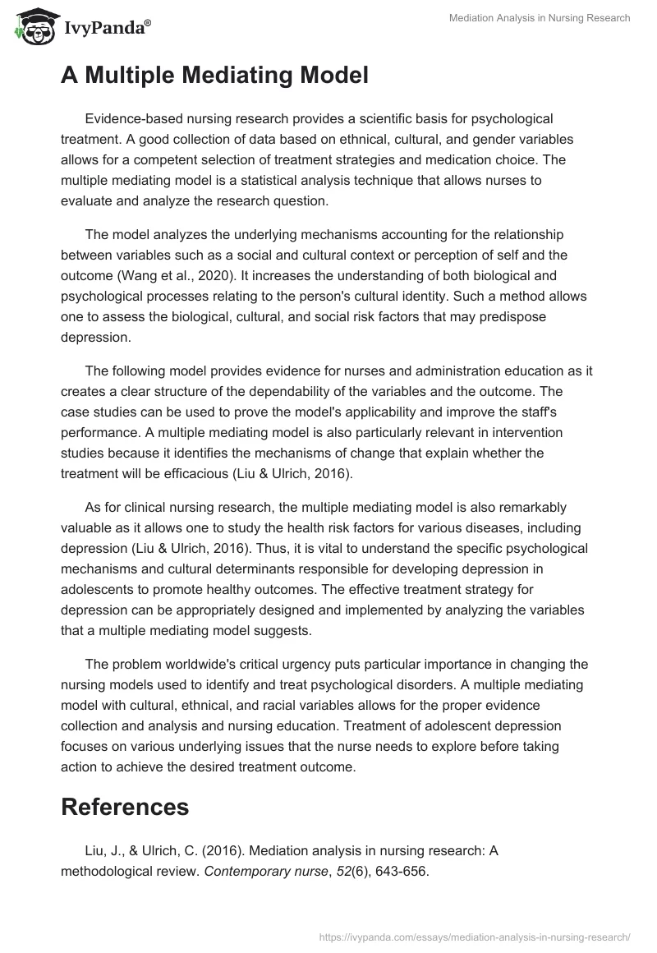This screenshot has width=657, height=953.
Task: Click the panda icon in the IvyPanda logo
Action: coord(32,27)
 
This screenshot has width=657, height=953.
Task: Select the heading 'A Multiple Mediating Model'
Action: coord(214,76)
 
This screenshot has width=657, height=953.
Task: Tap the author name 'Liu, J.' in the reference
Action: coord(103,852)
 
